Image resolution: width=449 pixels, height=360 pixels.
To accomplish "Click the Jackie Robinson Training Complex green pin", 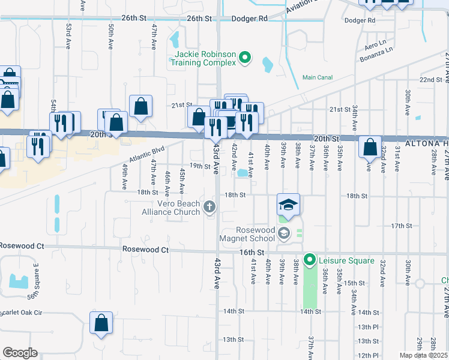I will pyautogui.click(x=244, y=58).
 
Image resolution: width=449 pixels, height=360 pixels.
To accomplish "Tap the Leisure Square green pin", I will pyautogui.click(x=310, y=260).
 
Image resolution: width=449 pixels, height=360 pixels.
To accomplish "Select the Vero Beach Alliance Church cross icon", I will pyautogui.click(x=209, y=208).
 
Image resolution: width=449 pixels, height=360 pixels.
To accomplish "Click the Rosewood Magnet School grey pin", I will pyautogui.click(x=283, y=233).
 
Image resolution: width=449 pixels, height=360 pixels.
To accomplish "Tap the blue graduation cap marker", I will pyautogui.click(x=288, y=205).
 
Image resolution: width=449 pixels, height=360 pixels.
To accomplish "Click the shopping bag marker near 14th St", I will pyautogui.click(x=101, y=322).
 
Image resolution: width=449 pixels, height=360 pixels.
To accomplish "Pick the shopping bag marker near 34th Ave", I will pyautogui.click(x=370, y=146).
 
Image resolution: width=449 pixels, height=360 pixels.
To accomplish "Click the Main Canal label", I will pyautogui.click(x=318, y=77).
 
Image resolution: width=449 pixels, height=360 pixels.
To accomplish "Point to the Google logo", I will pyautogui.click(x=20, y=353).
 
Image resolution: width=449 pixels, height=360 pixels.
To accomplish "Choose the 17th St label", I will pyautogui.click(x=401, y=226).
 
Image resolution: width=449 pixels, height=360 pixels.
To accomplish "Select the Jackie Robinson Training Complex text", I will pyautogui.click(x=205, y=58).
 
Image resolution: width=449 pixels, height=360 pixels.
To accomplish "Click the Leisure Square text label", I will pyautogui.click(x=346, y=260).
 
